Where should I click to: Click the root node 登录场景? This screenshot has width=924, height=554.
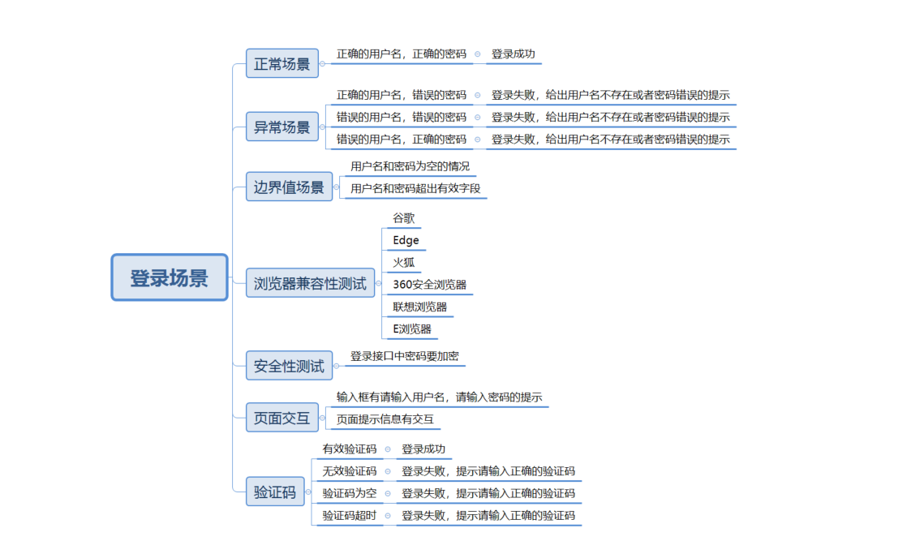pos(169,277)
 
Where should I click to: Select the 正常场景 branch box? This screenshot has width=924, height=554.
pos(281,63)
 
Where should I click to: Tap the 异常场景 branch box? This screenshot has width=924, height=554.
pos(281,127)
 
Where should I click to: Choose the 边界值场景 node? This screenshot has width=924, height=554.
pos(289,187)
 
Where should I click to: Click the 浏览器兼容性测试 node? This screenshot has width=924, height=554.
pos(310,283)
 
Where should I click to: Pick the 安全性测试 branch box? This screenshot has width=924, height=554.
pos(289,366)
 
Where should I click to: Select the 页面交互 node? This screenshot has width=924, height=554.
pos(281,418)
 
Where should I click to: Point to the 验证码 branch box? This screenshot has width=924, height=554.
pos(275,492)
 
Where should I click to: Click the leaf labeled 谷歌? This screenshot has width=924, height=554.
pos(404,218)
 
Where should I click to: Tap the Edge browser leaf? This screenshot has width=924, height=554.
pos(406,240)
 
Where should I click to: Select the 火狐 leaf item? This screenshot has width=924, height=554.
pos(404,262)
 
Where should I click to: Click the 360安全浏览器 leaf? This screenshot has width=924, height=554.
pos(429,285)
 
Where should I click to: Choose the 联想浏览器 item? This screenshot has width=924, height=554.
pos(419,307)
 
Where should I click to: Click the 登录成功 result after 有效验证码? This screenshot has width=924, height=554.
pos(423,449)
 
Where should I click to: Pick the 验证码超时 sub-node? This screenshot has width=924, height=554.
pos(350,515)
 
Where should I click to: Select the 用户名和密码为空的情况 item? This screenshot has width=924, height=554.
pos(410,166)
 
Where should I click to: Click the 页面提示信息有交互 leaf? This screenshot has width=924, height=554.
pos(385,419)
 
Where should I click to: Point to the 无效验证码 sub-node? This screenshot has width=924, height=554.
pos(350,470)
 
